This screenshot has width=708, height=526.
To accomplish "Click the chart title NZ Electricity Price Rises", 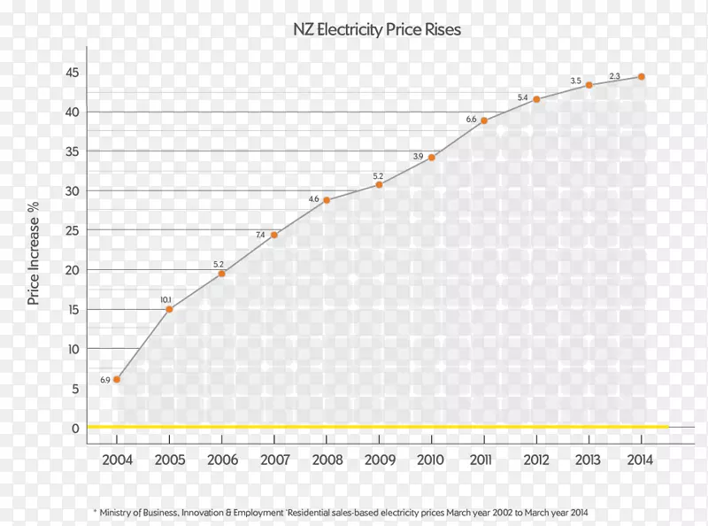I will (377, 29).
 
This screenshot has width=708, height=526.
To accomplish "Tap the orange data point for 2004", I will (116, 379).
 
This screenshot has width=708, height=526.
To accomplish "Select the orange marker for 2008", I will (327, 200).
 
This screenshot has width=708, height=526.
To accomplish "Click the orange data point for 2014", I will (642, 77).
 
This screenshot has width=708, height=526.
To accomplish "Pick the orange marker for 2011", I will (484, 120).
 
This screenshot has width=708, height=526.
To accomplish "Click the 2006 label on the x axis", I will (221, 460).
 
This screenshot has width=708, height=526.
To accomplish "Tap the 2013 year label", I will (589, 460).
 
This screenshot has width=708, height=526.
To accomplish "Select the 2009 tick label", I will (379, 460).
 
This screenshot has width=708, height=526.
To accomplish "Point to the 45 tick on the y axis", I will (72, 73).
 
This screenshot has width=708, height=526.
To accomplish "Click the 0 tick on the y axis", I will (75, 429).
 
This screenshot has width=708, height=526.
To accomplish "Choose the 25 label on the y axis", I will (72, 230).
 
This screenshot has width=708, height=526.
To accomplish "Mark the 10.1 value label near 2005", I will (165, 300).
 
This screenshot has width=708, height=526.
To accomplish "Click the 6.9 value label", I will (104, 380).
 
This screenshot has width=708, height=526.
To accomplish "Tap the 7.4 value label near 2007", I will (260, 235).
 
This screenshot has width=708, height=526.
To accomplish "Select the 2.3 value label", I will (615, 76).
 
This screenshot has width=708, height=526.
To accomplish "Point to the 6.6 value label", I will (471, 120).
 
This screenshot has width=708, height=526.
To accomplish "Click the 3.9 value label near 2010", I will (419, 157).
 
